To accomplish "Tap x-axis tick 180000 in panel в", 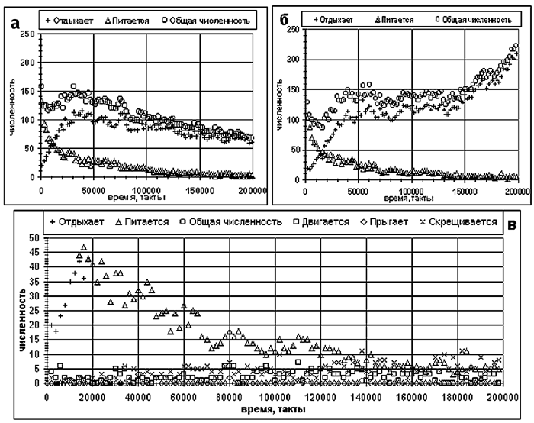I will tap(457, 396).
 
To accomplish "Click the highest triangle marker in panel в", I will tap(84, 247).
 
